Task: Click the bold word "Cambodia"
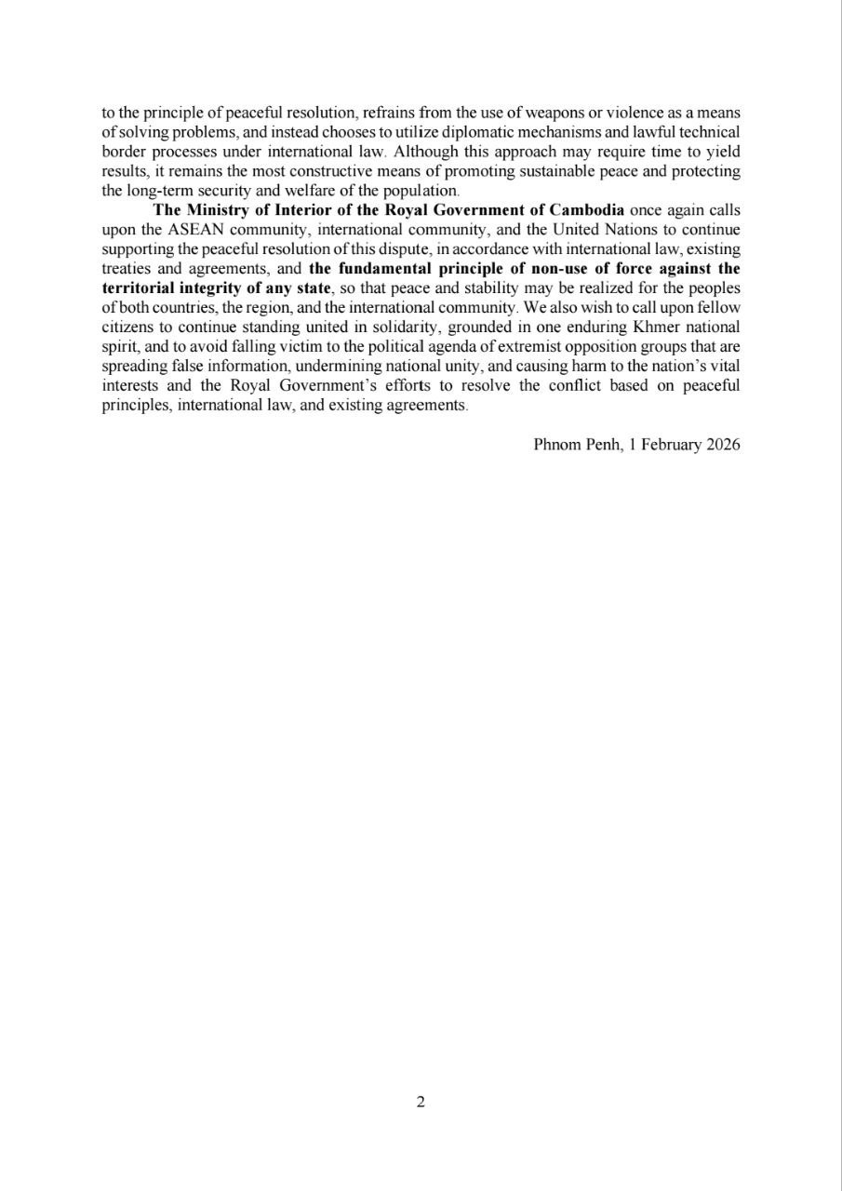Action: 586,209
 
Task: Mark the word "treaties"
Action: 126,268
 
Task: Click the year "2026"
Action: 723,445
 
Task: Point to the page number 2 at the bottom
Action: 421,1104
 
